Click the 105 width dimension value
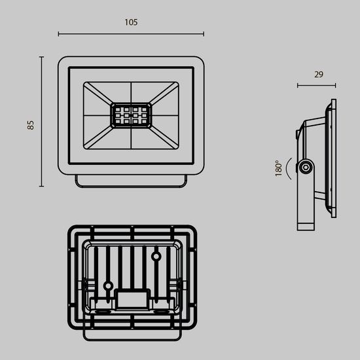130,22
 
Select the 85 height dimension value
30,124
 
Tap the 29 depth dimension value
319,74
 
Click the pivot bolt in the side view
305,168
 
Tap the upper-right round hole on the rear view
157,256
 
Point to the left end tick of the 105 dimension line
58,34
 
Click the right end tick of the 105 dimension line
204,34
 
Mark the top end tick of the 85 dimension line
41,56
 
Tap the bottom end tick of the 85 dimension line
41,187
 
